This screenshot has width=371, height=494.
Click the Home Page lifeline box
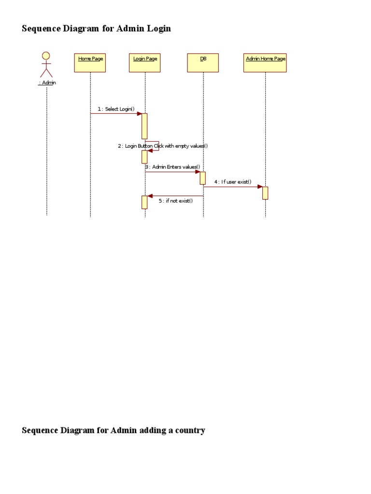click(90, 63)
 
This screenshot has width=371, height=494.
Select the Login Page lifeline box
click(145, 63)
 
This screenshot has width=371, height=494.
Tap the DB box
click(203, 63)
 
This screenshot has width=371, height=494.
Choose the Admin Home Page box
click(265, 63)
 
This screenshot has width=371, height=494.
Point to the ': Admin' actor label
click(47, 83)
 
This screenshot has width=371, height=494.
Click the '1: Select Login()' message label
click(116, 109)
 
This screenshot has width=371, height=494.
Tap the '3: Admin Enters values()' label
click(172, 167)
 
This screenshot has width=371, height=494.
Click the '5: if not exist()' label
click(176, 201)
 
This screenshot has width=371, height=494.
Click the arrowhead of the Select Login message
click(139, 114)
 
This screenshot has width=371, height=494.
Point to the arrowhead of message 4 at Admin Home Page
click(260, 186)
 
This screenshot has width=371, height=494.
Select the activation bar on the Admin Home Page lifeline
click(265, 193)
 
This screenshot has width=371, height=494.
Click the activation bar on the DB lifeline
click(203, 178)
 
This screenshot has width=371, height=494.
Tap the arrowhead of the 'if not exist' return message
click(150, 196)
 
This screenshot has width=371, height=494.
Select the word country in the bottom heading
click(188, 430)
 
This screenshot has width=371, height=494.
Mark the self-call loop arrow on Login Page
click(156, 146)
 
